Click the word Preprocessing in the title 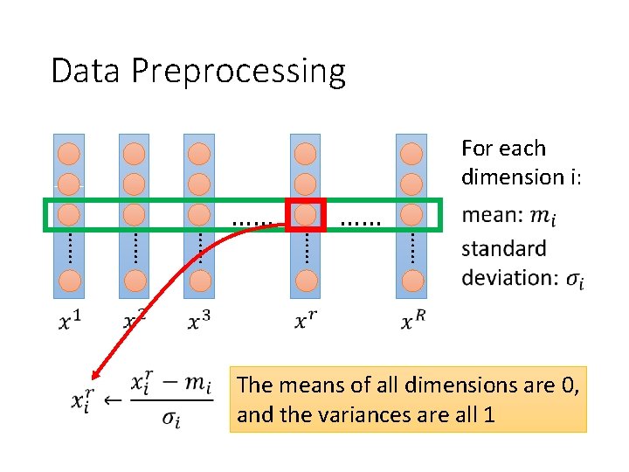tap(238, 72)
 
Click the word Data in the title tap(86, 71)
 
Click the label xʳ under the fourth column tap(305, 322)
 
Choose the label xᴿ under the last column tap(413, 322)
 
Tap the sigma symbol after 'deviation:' tap(575, 279)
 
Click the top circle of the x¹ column tap(69, 154)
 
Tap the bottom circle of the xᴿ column tap(411, 281)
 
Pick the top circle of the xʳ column tap(305, 154)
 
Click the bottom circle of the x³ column tap(199, 281)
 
